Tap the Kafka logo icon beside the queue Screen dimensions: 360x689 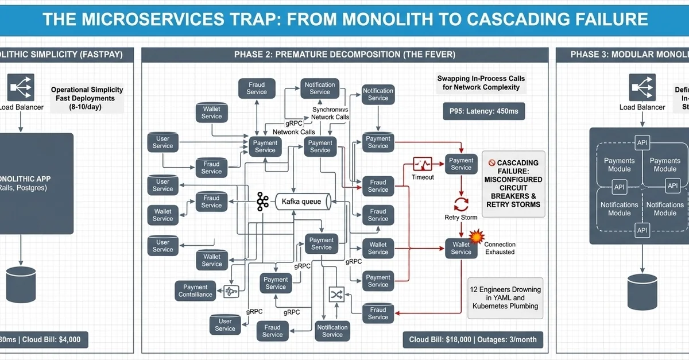263,202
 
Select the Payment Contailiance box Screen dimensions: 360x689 195,291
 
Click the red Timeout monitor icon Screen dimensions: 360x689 423,164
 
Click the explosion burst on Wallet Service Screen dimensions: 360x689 475,236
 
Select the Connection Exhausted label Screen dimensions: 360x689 500,248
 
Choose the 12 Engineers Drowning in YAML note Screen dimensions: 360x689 505,297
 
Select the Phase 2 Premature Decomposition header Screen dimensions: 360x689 344,55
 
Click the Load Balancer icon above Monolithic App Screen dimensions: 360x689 21,87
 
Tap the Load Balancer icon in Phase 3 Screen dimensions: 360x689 642,87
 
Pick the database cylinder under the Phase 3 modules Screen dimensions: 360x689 642,291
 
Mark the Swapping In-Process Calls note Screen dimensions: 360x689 481,83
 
